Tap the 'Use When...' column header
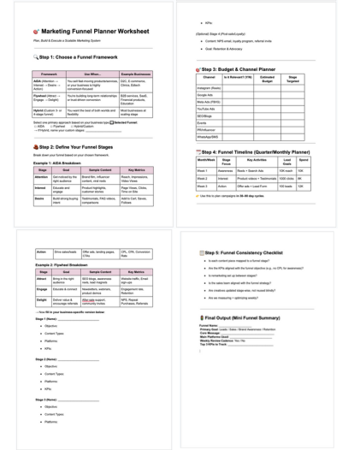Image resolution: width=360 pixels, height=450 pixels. pos(91,74)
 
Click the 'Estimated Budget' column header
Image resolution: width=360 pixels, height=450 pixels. pos(267,79)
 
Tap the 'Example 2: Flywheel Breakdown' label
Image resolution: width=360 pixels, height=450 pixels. pos(65,264)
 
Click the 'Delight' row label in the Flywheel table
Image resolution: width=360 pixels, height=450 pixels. pos(42,301)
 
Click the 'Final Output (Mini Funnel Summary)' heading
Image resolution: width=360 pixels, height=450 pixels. pos(244,317)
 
